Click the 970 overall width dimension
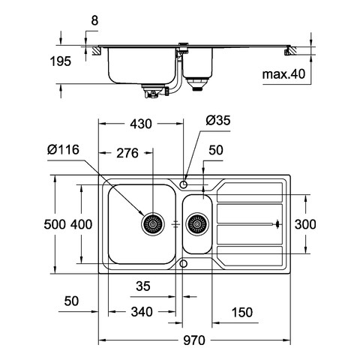(x=194, y=340)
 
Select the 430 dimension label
(x=141, y=124)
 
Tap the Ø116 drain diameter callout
(x=63, y=149)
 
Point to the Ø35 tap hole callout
(x=218, y=120)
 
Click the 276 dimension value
(x=127, y=153)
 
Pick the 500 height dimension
(x=55, y=224)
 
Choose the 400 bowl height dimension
(x=81, y=224)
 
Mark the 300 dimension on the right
(x=305, y=224)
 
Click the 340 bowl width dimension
(x=142, y=312)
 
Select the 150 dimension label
(x=242, y=312)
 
